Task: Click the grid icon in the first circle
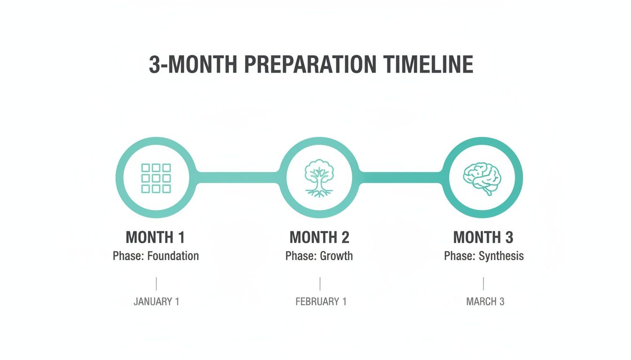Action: (156, 178)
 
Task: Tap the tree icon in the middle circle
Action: (319, 178)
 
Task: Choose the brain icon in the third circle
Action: (482, 178)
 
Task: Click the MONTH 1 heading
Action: (155, 237)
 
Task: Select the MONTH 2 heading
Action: (319, 237)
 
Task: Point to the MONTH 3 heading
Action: (483, 237)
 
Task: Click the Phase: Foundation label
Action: (156, 256)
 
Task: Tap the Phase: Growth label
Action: (319, 256)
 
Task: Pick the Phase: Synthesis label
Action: (484, 256)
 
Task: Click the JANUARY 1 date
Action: (156, 301)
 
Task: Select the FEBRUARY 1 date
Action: (321, 301)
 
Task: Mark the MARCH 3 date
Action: (485, 301)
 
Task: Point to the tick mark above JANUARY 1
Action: (156, 284)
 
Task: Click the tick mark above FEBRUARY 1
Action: (320, 284)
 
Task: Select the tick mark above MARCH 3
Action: (483, 284)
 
